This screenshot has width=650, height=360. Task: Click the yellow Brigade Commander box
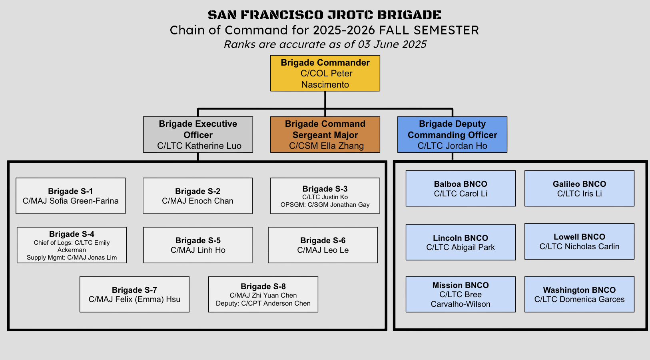point(325,73)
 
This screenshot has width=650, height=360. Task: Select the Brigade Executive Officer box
point(198,134)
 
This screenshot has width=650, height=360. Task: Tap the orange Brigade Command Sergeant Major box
point(325,134)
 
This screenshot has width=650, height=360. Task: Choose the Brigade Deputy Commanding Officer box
point(452,134)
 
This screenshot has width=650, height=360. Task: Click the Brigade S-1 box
point(70,196)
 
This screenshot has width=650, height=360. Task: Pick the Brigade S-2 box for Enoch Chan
point(197,196)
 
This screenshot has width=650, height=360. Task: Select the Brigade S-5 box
point(198,245)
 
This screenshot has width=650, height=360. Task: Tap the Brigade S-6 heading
point(323,240)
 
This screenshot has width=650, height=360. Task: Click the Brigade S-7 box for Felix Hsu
point(134,294)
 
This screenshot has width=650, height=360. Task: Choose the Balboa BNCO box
point(461,188)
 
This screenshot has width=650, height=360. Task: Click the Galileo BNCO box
point(579,188)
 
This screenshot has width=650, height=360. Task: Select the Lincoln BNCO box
point(461,242)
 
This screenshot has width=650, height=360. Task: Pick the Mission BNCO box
point(461,294)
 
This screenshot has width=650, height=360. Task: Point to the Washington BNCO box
point(579,294)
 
